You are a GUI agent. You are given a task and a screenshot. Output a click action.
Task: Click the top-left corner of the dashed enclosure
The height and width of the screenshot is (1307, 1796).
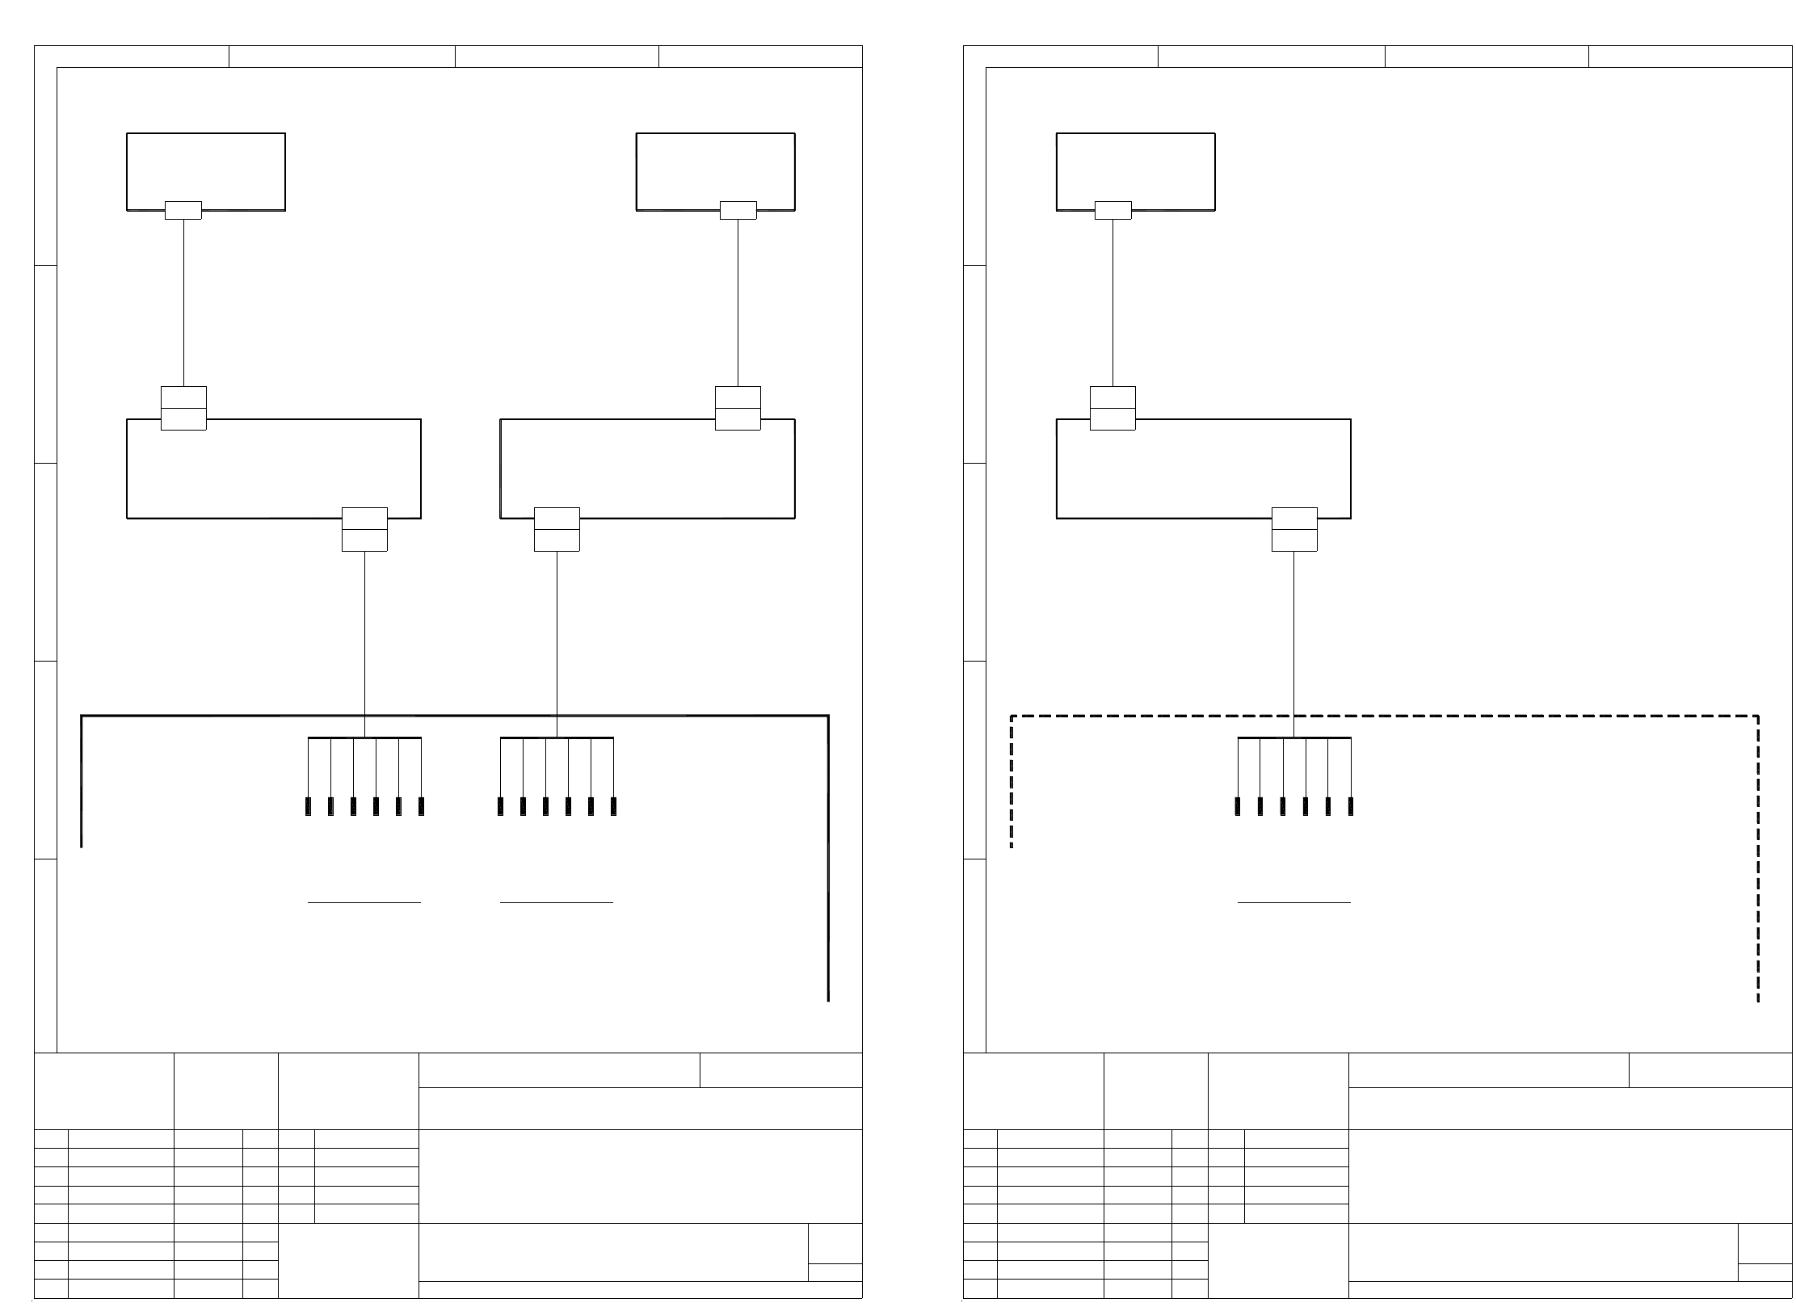click(1012, 716)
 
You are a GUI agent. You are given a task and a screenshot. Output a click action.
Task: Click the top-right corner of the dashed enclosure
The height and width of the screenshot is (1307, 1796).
click(1758, 716)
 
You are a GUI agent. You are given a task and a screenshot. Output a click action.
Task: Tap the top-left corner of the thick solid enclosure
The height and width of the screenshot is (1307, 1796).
click(82, 716)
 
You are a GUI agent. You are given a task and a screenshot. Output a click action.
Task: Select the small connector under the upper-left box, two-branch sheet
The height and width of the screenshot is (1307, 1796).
click(183, 210)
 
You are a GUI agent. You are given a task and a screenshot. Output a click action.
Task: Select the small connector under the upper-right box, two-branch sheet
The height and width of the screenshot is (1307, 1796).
click(738, 210)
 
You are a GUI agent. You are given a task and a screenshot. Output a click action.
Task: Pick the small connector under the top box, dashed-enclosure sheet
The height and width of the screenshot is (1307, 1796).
click(1113, 210)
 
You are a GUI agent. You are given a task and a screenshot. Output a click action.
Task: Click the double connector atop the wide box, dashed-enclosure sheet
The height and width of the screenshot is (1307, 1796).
click(1113, 408)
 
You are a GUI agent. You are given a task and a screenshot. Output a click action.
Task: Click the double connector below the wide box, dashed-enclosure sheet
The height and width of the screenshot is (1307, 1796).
click(1294, 529)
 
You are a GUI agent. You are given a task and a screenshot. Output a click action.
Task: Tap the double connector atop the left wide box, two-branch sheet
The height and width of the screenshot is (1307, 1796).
click(183, 408)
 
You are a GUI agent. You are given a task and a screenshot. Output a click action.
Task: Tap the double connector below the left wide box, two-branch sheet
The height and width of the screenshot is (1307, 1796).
click(364, 529)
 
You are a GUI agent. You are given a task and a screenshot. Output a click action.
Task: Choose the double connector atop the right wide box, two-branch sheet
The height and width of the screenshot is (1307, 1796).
click(738, 408)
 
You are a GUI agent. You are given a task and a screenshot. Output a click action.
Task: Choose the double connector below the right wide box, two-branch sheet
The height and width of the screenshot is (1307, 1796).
click(557, 529)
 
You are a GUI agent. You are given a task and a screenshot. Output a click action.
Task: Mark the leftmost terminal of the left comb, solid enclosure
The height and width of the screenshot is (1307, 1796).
click(308, 805)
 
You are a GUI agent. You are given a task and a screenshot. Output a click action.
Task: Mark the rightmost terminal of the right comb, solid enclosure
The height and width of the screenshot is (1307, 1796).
click(613, 805)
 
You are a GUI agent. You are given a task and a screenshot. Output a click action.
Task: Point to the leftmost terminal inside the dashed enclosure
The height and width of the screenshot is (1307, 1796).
click(1238, 805)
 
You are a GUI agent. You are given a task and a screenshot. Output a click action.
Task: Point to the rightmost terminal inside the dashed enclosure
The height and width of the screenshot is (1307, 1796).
click(1351, 805)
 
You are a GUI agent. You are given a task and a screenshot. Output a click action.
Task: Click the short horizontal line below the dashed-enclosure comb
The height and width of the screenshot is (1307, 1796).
click(1294, 901)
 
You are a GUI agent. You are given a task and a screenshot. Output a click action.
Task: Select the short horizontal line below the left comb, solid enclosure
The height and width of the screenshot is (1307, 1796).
click(364, 901)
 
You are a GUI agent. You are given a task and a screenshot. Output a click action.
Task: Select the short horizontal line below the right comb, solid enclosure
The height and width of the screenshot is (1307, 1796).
click(557, 901)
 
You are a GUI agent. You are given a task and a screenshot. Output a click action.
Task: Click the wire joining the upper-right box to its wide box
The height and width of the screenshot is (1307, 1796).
click(738, 303)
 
